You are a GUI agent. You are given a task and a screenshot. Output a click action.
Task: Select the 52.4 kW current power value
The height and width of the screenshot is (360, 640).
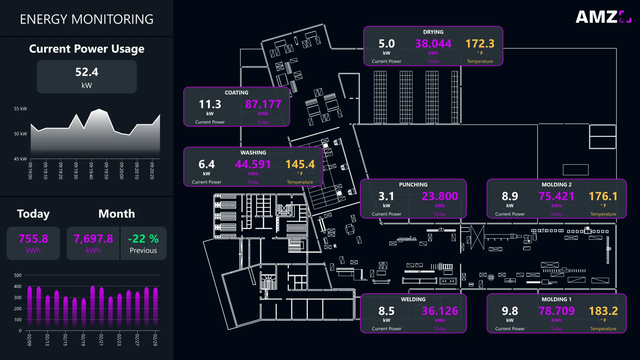tap(87, 72)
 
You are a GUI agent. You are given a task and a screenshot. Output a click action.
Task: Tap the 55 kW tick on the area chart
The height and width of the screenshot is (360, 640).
tap(20, 109)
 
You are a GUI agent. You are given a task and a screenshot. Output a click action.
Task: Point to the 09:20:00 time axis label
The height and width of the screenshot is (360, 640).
tap(121, 171)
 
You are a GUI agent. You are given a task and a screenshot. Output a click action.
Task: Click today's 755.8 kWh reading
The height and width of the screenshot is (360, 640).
tap(33, 239)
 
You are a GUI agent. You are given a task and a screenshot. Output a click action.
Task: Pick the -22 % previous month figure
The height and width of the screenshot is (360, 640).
tap(143, 239)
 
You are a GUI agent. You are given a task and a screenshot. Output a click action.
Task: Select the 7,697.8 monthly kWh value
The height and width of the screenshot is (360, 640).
tap(93, 239)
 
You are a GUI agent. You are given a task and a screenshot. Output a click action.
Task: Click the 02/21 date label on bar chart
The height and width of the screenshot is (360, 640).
tap(101, 340)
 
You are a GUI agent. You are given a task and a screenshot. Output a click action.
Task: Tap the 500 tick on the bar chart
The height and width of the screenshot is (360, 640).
tap(18, 275)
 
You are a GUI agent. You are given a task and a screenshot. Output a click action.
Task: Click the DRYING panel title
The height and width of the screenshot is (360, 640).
tap(433, 32)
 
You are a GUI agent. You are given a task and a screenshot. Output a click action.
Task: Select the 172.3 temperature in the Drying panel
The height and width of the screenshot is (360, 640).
tap(480, 44)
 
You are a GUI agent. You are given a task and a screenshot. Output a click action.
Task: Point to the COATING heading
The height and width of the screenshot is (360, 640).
tap(236, 93)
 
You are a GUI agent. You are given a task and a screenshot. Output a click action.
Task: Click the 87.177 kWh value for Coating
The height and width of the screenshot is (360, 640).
tap(263, 104)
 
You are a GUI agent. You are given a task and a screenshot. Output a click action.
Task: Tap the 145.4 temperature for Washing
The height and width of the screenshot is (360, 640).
tap(300, 164)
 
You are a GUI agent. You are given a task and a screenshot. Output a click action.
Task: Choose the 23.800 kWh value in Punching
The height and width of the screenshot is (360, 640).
tap(440, 196)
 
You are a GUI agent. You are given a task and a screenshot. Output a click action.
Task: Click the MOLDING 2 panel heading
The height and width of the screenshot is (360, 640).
tap(556, 185)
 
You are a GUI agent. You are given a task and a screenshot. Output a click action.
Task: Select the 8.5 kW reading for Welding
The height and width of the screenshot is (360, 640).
tap(386, 311)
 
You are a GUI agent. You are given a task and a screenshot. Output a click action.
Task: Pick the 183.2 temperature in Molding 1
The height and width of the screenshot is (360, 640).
tap(603, 311)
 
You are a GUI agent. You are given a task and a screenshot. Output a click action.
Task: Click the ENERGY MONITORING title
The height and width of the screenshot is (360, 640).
tap(87, 19)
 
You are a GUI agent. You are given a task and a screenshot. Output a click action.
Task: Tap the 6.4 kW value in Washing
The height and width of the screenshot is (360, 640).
tap(206, 164)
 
